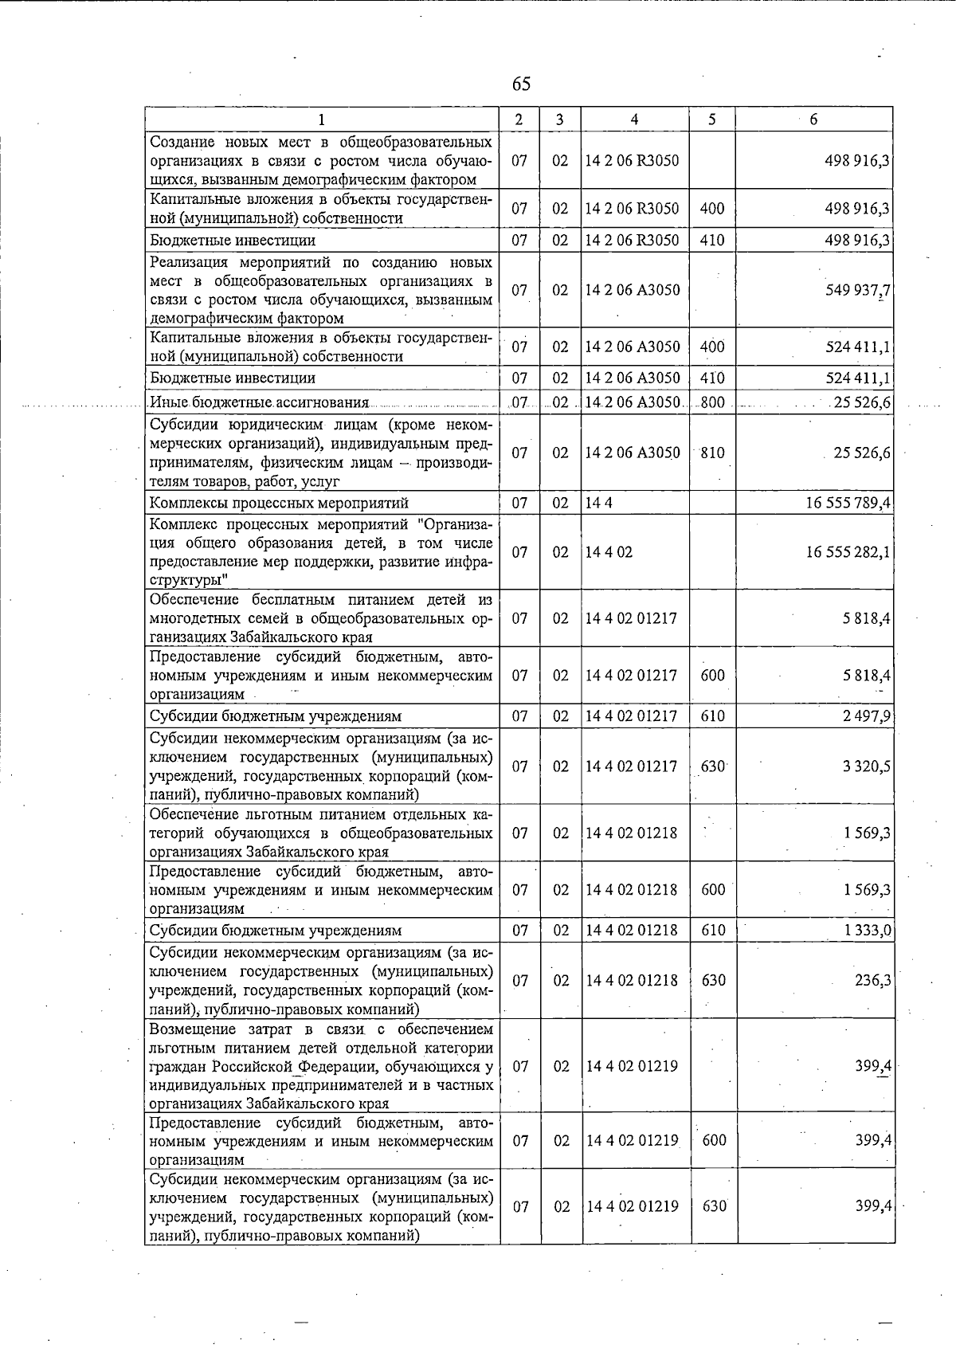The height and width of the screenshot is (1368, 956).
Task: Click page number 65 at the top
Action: coord(521,84)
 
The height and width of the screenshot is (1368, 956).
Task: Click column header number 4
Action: coord(634,120)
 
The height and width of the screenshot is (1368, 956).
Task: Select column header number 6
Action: coord(813,120)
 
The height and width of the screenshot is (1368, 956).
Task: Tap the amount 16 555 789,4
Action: coord(848,503)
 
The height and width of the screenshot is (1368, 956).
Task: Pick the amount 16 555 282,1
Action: coord(848,552)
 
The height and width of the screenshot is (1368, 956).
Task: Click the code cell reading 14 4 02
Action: coord(609,552)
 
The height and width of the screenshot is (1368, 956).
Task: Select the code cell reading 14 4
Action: coord(599,503)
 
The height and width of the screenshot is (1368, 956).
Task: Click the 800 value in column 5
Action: coord(712,402)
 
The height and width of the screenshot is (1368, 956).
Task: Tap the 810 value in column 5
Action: coord(712,453)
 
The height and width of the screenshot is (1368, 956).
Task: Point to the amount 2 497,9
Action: coord(867,715)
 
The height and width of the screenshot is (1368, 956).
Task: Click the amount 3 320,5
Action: coord(867,766)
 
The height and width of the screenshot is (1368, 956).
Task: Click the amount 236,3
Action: coord(873,981)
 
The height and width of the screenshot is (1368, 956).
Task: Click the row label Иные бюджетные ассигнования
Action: coord(259,402)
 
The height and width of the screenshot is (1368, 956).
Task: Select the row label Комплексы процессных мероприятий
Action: coord(279,503)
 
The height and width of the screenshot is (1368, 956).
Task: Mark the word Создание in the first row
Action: coord(182,142)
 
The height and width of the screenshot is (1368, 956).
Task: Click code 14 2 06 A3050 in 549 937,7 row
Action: coord(633,290)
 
